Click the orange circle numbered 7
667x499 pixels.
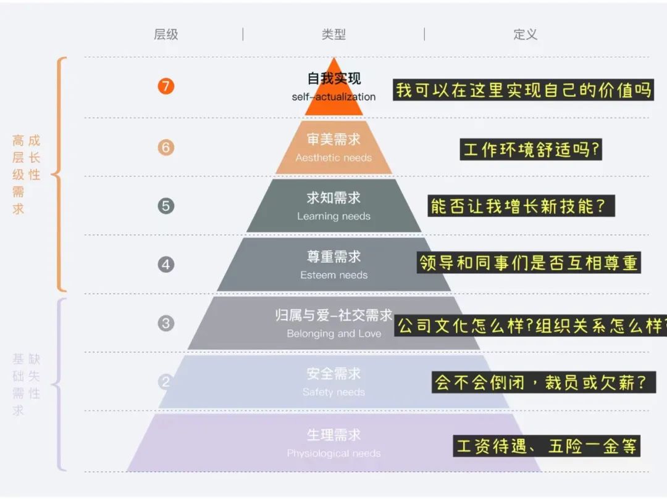[166, 86]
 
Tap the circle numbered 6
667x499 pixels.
[166, 147]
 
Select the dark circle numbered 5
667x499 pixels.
[166, 206]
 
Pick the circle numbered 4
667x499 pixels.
[166, 265]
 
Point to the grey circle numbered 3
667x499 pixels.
[166, 323]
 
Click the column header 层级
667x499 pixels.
[166, 35]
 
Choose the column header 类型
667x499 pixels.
[333, 35]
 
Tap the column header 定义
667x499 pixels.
[525, 35]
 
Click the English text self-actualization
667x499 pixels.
[333, 97]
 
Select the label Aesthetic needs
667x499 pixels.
[333, 158]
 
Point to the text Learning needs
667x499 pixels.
[333, 217]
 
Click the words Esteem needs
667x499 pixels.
[333, 275]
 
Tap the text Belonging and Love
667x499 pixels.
[333, 334]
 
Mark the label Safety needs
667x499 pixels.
[333, 392]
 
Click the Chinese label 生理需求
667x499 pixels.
[333, 435]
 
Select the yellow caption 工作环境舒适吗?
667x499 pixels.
[531, 149]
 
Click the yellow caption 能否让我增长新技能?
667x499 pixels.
[521, 206]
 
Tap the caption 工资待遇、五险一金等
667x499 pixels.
[547, 445]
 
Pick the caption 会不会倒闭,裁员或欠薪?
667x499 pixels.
[542, 382]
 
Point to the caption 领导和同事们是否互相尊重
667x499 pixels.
[529, 263]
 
